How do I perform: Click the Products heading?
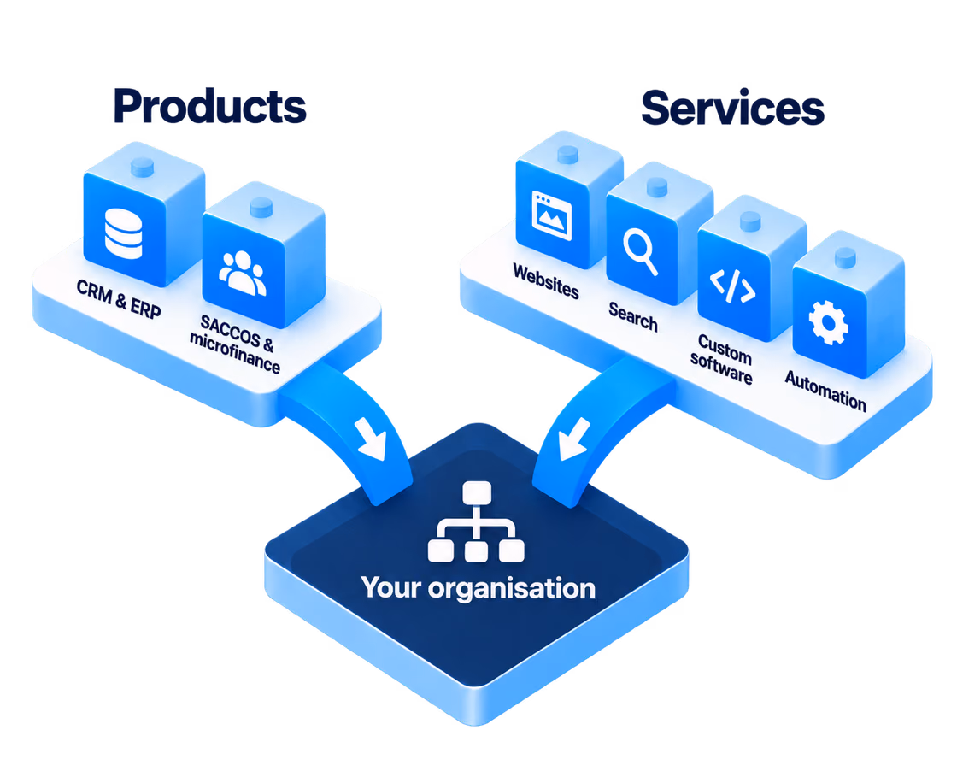tap(209, 106)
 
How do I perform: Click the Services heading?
tap(732, 108)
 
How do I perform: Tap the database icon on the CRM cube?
tap(123, 233)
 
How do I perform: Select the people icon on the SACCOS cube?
tap(243, 273)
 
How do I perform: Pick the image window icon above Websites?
tap(552, 215)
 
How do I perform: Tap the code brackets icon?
tap(732, 286)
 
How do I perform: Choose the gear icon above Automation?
tap(828, 323)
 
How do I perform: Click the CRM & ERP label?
tap(119, 298)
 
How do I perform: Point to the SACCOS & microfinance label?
tap(236, 344)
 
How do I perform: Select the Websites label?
tap(546, 281)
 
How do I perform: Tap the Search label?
tap(633, 316)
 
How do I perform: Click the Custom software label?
tap(722, 359)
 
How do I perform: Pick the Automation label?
tap(825, 391)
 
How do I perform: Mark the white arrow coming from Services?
tap(572, 439)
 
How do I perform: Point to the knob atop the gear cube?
tap(845, 257)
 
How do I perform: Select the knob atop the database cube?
tap(143, 167)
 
